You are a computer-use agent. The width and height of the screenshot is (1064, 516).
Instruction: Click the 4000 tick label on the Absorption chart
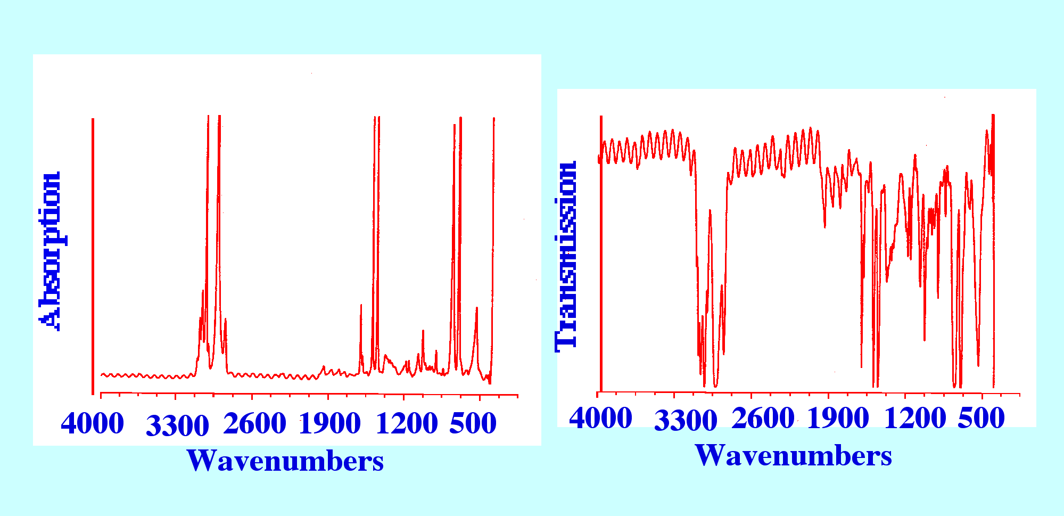tap(93, 424)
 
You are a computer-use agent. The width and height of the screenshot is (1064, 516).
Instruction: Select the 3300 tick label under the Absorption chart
tap(177, 426)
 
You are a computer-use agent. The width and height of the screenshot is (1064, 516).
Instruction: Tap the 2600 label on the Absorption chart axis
tap(254, 424)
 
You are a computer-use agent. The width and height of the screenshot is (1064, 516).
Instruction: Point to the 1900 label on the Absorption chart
tap(329, 424)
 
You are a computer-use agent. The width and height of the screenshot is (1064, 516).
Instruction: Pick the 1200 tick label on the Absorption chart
tap(406, 424)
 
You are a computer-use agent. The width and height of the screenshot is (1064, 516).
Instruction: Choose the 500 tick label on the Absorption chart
tap(473, 424)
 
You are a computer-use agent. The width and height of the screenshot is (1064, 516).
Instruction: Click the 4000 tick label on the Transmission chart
tap(600, 419)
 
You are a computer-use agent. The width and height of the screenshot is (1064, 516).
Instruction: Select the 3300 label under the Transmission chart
tap(686, 421)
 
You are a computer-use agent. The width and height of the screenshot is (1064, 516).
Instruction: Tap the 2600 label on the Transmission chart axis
tap(763, 419)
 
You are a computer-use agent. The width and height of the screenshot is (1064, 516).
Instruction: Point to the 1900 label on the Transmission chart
tap(838, 419)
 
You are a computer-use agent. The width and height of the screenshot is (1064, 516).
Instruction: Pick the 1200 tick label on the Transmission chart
tap(914, 419)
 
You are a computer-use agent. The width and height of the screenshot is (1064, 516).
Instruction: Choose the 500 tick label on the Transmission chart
tap(981, 419)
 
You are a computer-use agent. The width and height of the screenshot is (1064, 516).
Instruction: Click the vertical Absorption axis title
tap(50, 250)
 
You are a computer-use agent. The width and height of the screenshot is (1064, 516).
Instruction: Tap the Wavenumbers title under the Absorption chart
tap(285, 461)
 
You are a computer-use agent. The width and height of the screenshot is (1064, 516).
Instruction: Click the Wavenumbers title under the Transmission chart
tap(793, 456)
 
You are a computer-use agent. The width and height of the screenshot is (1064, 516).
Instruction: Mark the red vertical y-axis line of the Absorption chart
tap(93, 256)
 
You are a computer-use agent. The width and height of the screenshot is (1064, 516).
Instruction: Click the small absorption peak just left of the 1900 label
tap(323, 367)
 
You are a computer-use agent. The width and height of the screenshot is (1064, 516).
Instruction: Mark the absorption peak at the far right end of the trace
tap(494, 120)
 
